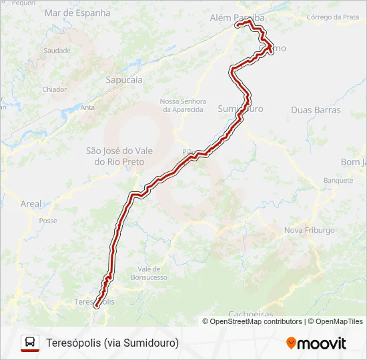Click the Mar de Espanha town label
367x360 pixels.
click(x=77, y=13)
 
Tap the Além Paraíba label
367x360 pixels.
click(x=237, y=17)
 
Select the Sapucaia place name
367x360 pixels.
click(x=124, y=79)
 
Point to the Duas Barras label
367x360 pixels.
click(x=316, y=110)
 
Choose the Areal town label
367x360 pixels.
click(x=31, y=204)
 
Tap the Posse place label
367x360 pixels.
click(x=48, y=221)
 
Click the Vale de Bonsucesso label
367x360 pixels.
click(x=149, y=273)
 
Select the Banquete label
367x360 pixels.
click(x=338, y=181)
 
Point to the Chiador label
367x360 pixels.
click(x=54, y=89)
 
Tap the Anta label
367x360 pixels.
click(x=87, y=107)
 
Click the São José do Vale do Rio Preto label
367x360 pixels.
click(x=119, y=156)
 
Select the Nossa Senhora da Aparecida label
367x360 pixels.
click(x=181, y=105)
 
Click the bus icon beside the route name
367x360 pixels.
click(x=30, y=343)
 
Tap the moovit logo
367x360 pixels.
click(x=316, y=343)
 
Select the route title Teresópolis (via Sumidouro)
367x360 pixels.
click(x=113, y=343)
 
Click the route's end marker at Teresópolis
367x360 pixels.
click(x=96, y=306)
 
